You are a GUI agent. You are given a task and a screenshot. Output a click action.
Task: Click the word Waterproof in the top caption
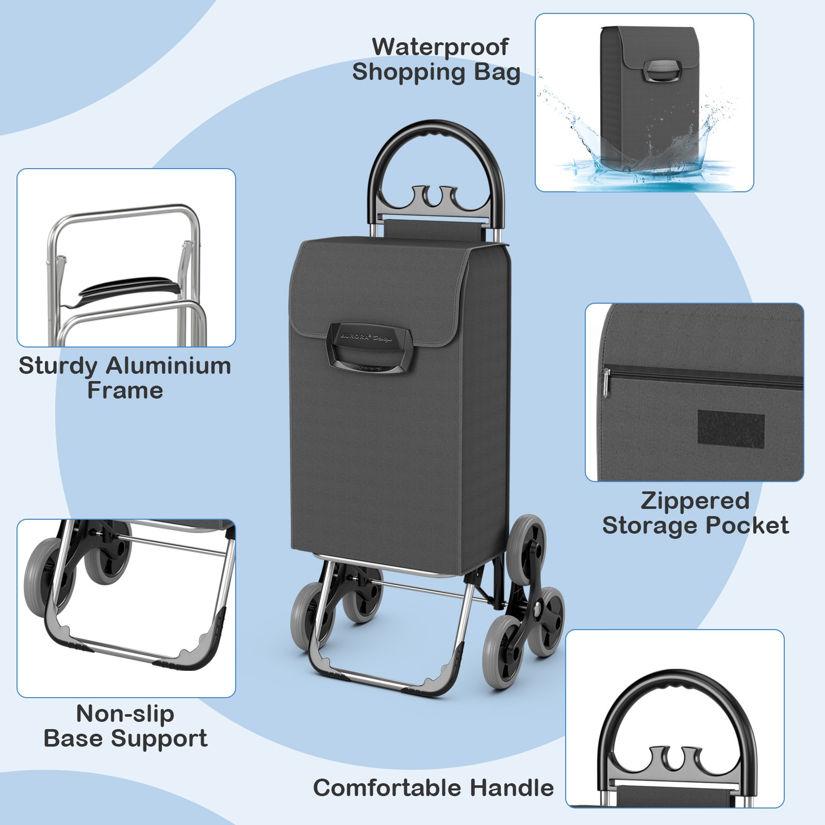(440, 47)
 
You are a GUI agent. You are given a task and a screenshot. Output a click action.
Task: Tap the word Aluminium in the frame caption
(168, 366)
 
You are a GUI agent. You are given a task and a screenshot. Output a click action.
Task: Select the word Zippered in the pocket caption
(695, 501)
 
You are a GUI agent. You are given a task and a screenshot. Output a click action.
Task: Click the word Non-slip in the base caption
(125, 714)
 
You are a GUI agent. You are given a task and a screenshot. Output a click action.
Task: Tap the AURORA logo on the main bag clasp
(356, 336)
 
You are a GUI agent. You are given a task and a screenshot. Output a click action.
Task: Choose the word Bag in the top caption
(496, 72)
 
